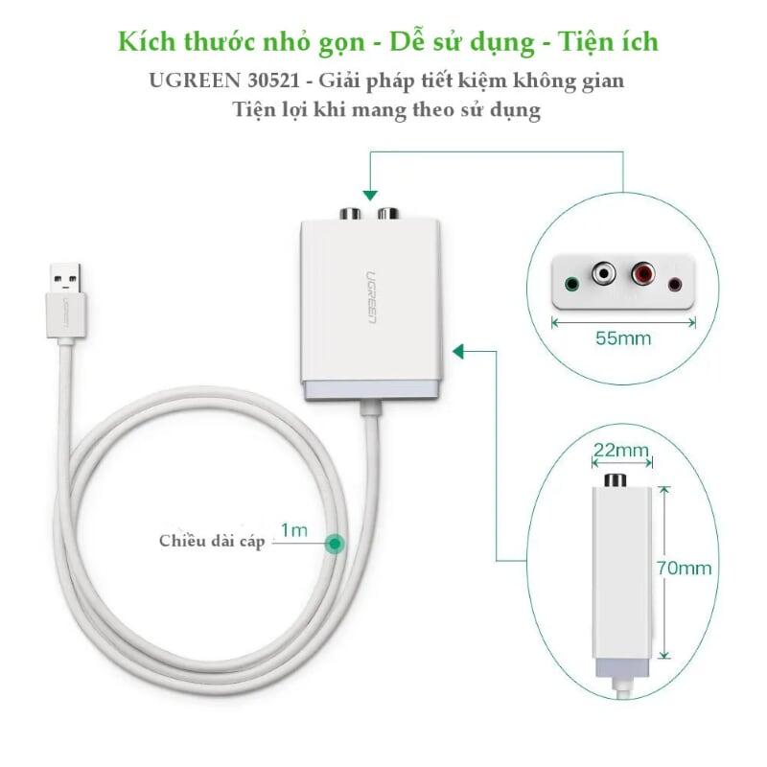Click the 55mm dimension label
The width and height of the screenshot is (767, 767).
pyautogui.click(x=623, y=338)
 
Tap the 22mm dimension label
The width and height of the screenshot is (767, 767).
pyautogui.click(x=620, y=450)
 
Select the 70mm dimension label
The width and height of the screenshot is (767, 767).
pyautogui.click(x=684, y=568)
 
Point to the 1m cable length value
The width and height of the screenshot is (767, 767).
pyautogui.click(x=294, y=530)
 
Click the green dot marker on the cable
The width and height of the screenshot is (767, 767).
pyautogui.click(x=335, y=544)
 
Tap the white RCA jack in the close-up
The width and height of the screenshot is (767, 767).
pyautogui.click(x=604, y=273)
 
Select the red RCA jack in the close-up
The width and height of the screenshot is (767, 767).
pyautogui.click(x=642, y=273)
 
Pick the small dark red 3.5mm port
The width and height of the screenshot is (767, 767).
pyautogui.click(x=676, y=284)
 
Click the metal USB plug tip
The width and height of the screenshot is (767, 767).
pyautogui.click(x=65, y=279)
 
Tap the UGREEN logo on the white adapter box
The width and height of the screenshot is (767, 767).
pyautogui.click(x=371, y=297)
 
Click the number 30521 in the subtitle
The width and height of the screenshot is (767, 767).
pyautogui.click(x=273, y=81)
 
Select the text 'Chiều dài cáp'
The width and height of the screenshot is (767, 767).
pyautogui.click(x=212, y=541)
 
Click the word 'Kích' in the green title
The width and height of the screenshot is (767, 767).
pyautogui.click(x=147, y=41)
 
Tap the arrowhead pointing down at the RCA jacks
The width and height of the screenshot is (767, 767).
pyautogui.click(x=371, y=196)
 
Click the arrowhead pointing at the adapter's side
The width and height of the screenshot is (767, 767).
pyautogui.click(x=458, y=351)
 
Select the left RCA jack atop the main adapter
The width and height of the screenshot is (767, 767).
pyautogui.click(x=350, y=214)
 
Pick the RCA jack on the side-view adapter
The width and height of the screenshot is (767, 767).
pyautogui.click(x=616, y=480)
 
